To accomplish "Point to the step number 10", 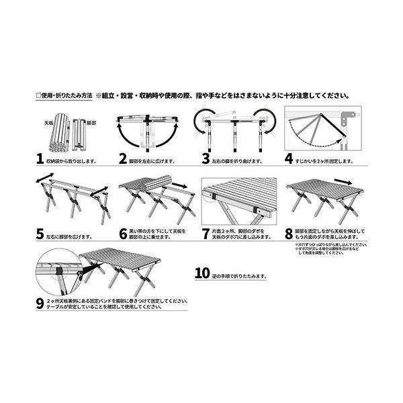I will click(203, 275).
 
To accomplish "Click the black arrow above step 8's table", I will click(343, 183).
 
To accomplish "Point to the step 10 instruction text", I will click(238, 275).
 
